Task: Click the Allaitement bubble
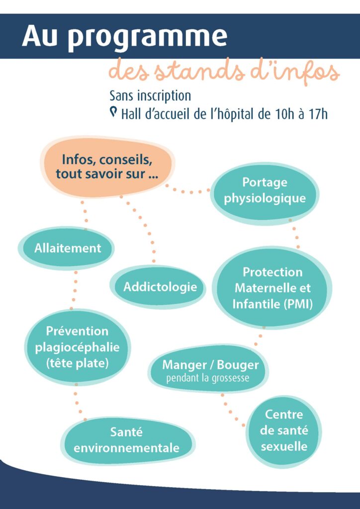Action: pos(67,248)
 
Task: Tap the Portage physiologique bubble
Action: pos(264,191)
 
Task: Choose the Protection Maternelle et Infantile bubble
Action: pos(272,288)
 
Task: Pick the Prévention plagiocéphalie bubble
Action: pos(77,347)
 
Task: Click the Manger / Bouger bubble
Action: pos(210,369)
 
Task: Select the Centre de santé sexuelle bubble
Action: pos(284,430)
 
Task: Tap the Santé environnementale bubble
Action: pos(126,440)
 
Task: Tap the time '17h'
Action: pos(317,114)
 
